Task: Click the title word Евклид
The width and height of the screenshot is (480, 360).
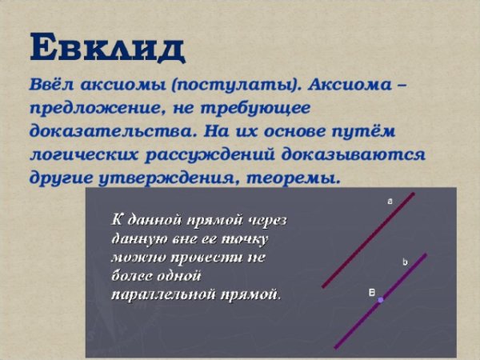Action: click(x=108, y=47)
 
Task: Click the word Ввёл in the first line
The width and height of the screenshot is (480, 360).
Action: click(x=52, y=84)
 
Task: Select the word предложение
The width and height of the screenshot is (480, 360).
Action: click(x=95, y=109)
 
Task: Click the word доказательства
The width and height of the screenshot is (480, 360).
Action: click(x=114, y=132)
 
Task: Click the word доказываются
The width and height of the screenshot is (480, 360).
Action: click(x=354, y=155)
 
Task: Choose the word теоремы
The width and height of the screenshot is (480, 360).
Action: click(x=294, y=178)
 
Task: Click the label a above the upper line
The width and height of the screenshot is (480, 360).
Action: click(x=390, y=202)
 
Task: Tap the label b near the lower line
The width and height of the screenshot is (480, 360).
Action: click(x=405, y=262)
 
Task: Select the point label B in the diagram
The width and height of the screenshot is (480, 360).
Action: click(x=372, y=293)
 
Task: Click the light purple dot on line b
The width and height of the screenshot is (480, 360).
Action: click(x=381, y=300)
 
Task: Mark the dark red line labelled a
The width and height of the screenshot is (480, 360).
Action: click(x=368, y=240)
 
